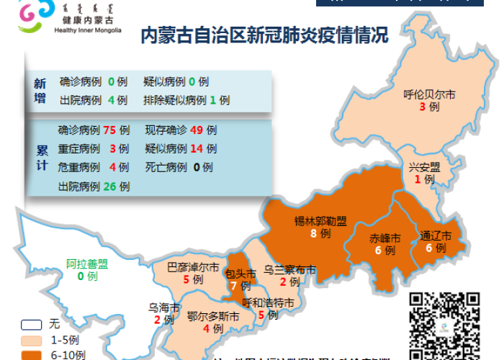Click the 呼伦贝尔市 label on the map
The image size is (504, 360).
429,94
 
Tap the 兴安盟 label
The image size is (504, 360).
424,167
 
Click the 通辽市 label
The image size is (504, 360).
436,236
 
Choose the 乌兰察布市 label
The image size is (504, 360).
289,270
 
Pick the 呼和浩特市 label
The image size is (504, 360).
267,302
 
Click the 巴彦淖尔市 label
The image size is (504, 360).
193,267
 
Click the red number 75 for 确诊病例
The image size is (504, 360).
110,130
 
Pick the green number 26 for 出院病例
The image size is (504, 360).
110,186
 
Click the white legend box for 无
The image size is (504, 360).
31,325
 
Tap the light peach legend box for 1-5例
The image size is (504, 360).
31,340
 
